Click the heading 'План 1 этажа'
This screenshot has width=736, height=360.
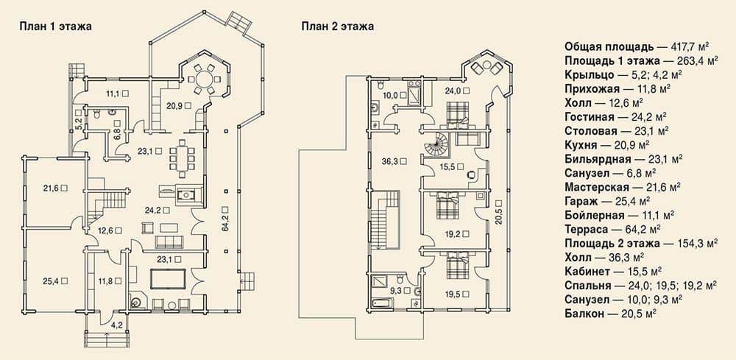click(55, 27)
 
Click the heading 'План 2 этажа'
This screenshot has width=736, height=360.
click(338, 27)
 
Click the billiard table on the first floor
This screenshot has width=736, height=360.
click(168, 279)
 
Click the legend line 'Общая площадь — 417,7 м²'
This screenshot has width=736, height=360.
click(637, 46)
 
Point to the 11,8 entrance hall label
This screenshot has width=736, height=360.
click(107, 281)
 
